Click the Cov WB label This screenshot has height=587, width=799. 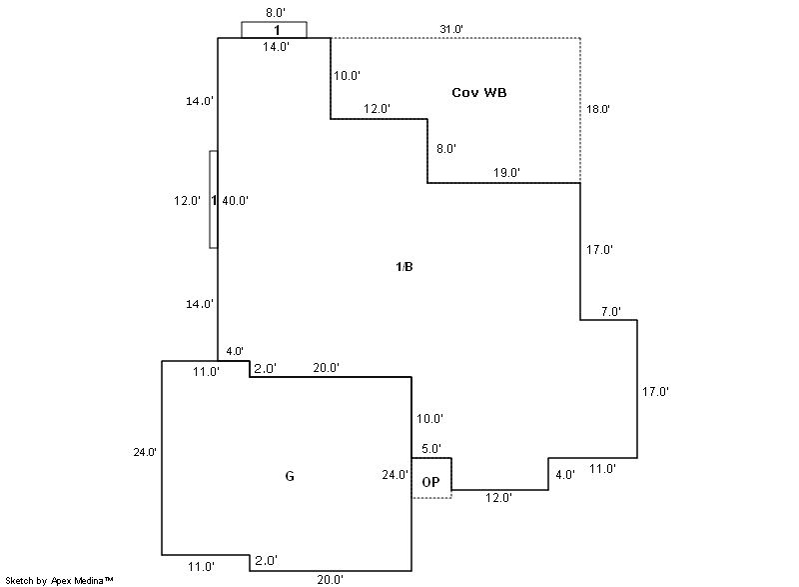pyautogui.click(x=479, y=93)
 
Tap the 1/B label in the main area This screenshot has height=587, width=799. pyautogui.click(x=404, y=266)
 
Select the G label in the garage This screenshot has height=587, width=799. pyautogui.click(x=290, y=476)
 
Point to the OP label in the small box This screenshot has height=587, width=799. pyautogui.click(x=431, y=482)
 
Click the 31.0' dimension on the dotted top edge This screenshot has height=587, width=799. pyautogui.click(x=450, y=29)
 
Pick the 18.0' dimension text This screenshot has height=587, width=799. pyautogui.click(x=598, y=110)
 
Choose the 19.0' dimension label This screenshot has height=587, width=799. pyautogui.click(x=506, y=173)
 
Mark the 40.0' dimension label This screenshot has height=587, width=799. pyautogui.click(x=235, y=201)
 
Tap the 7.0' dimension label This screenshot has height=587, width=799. pyautogui.click(x=610, y=312)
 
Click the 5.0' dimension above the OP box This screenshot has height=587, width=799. pyautogui.click(x=430, y=450)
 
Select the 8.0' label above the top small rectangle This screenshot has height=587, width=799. pyautogui.click(x=275, y=14)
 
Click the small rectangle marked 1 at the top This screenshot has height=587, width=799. pyautogui.click(x=275, y=30)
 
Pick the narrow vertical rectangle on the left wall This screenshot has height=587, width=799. pyautogui.click(x=213, y=199)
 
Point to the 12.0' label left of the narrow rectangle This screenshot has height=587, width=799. pyautogui.click(x=188, y=201)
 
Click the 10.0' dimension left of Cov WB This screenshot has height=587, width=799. pyautogui.click(x=348, y=76)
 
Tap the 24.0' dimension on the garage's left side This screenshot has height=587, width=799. pyautogui.click(x=145, y=452)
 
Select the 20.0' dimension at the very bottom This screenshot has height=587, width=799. pyautogui.click(x=331, y=579)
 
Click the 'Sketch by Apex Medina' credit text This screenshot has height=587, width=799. pyautogui.click(x=59, y=580)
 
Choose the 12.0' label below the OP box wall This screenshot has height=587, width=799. pyautogui.click(x=498, y=498)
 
